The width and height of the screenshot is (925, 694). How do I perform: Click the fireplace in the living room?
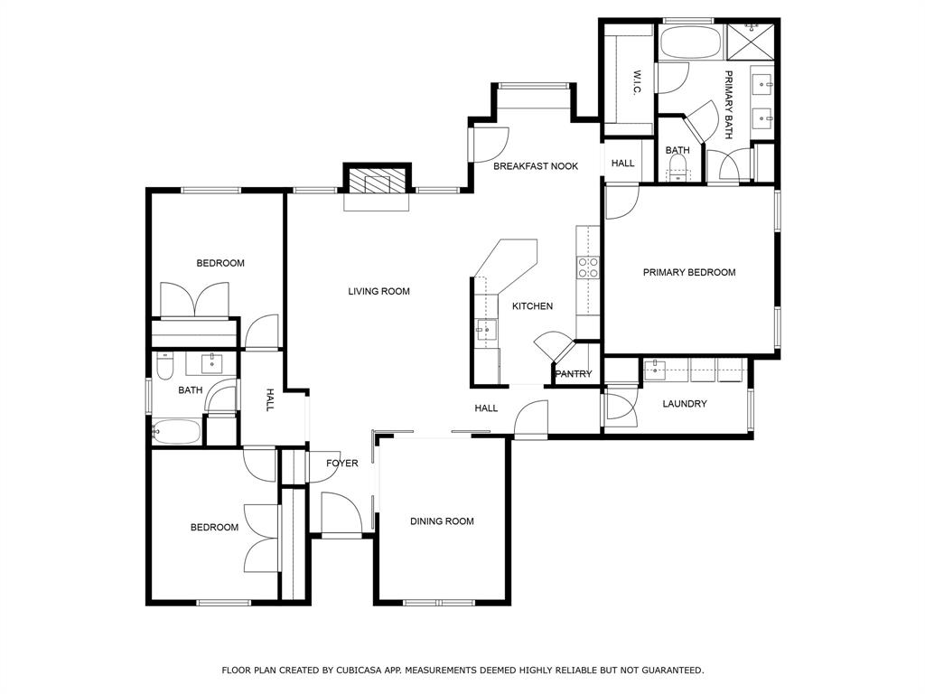tap(377, 183)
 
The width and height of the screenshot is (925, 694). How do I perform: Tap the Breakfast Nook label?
tap(536, 166)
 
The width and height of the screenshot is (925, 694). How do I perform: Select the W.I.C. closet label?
tap(637, 84)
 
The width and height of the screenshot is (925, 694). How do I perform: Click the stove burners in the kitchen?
tap(588, 267)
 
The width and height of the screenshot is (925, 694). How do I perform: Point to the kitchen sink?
tap(486, 330)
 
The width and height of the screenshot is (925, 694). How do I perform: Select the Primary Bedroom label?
tap(688, 272)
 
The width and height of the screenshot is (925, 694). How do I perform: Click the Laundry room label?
tap(684, 404)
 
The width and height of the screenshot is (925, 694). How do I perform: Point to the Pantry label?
tap(574, 374)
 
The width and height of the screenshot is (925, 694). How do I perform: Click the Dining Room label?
tap(442, 521)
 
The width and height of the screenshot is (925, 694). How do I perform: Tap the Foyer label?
tap(342, 464)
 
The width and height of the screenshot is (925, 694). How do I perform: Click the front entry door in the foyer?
tap(341, 513)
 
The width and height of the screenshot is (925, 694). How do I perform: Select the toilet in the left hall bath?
tap(164, 367)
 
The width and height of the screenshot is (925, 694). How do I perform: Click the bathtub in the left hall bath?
tap(176, 432)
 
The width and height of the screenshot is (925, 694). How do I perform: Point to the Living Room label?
tap(379, 291)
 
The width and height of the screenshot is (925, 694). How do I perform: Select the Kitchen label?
tap(532, 306)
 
